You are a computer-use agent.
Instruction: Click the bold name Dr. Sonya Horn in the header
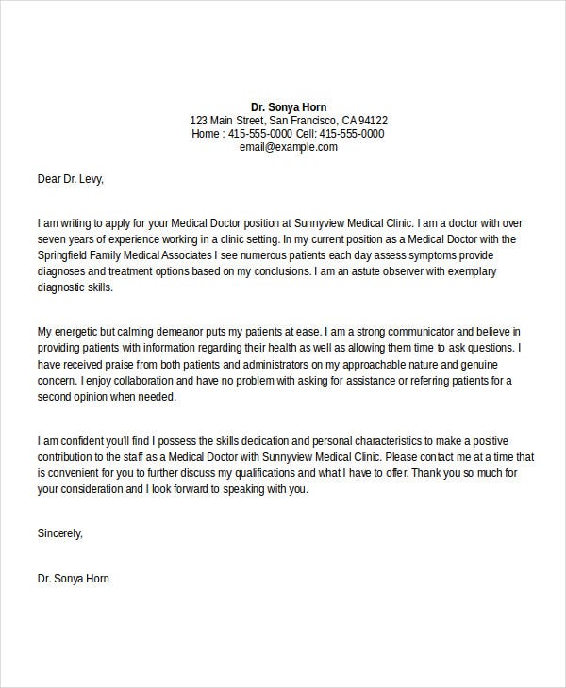coord(289,106)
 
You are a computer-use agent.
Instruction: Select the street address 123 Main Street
coord(226,121)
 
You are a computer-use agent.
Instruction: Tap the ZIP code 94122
coord(372,121)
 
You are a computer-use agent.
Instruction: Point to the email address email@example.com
coord(289,147)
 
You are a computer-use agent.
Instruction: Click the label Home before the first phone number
coord(206,134)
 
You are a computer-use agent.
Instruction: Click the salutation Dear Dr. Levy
coord(71,176)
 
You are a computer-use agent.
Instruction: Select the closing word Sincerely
coord(60,532)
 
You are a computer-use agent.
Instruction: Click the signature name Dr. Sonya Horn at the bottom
coord(74,578)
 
